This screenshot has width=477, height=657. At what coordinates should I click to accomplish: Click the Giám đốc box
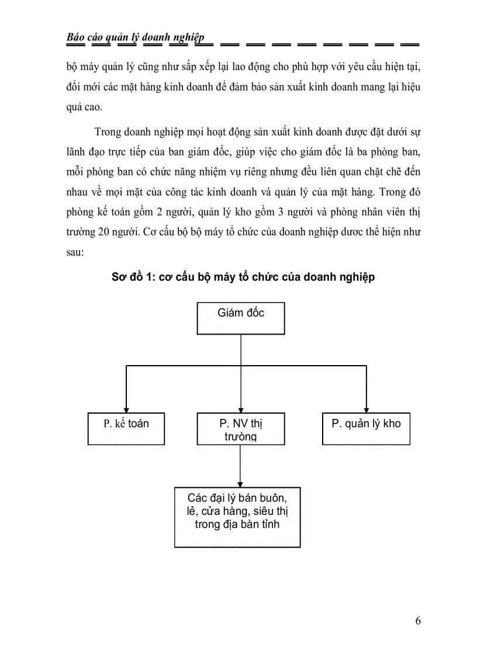click(241, 318)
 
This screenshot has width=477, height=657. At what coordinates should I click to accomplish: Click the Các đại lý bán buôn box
click(237, 517)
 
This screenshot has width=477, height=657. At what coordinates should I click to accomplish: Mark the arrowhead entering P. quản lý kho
click(366, 410)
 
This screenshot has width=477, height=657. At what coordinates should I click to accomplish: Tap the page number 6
click(417, 621)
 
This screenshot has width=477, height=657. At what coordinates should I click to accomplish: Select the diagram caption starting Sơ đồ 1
click(243, 277)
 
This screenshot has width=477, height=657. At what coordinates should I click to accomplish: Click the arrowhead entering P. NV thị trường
click(241, 410)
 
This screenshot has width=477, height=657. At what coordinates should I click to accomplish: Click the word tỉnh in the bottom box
click(269, 524)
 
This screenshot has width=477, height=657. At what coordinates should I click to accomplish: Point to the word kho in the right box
click(391, 424)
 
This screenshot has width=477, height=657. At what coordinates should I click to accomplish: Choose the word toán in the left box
click(139, 424)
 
